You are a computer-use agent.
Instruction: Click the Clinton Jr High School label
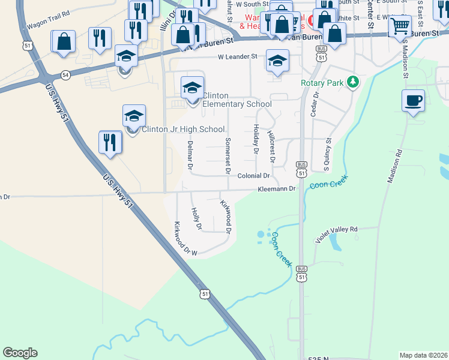point(183,129)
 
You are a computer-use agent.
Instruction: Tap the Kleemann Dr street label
point(277,188)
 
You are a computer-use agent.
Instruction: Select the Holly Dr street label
point(196,218)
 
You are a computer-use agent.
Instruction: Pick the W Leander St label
point(237,56)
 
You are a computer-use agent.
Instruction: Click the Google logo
point(20,353)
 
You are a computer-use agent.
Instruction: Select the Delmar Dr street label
point(190,154)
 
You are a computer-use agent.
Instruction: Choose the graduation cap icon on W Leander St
point(277,61)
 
